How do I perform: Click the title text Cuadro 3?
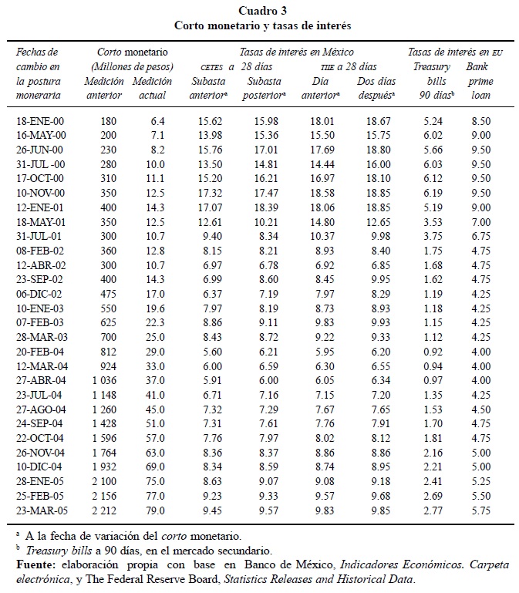(x=260, y=10)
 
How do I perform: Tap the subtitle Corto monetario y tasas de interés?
(x=260, y=25)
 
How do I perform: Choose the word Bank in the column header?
(x=477, y=67)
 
